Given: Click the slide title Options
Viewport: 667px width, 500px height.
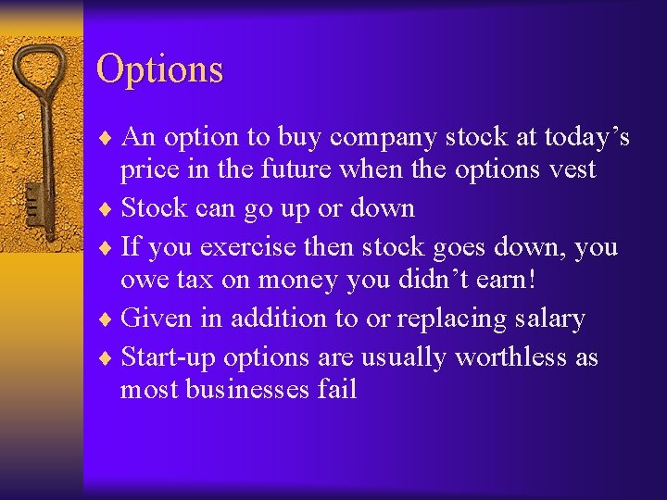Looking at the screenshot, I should (x=159, y=70).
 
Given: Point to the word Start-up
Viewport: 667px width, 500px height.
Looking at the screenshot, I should (x=166, y=357).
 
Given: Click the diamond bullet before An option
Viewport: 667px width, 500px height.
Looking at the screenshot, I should (x=109, y=138).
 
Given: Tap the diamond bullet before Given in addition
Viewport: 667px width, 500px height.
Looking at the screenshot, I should (x=109, y=319).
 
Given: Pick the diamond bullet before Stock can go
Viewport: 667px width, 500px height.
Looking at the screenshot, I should (x=109, y=208).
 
